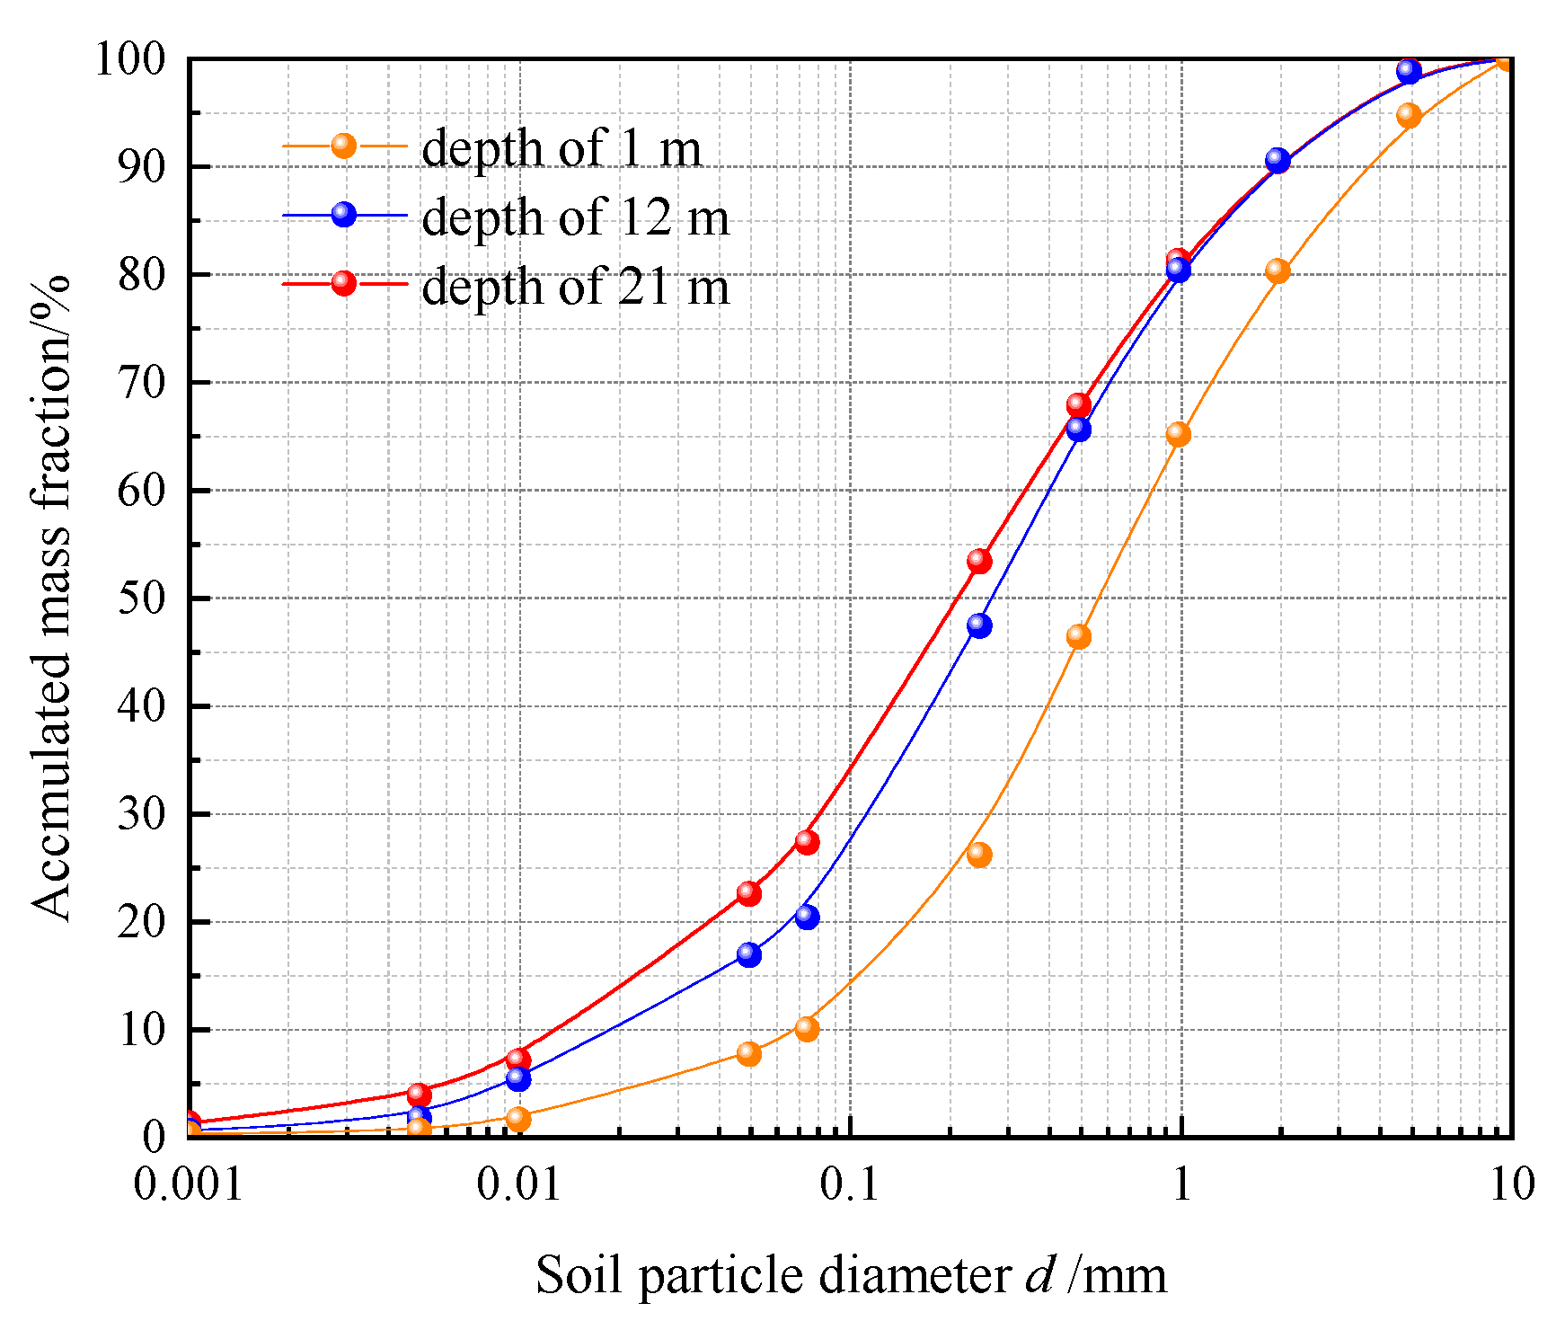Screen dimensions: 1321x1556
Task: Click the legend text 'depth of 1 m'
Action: click(561, 148)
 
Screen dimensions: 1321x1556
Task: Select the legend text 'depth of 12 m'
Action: click(575, 217)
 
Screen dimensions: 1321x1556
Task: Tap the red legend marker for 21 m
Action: click(343, 283)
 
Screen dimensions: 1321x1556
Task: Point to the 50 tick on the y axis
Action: click(142, 598)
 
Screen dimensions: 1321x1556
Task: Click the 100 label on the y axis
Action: click(131, 60)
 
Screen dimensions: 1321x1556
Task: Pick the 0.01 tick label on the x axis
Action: click(518, 1184)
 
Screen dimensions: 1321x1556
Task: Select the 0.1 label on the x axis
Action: click(850, 1184)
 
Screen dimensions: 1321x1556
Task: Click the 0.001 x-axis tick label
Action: click(189, 1184)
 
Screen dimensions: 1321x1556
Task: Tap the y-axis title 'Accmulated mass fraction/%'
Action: click(50, 598)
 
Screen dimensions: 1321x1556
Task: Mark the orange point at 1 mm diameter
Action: click(1178, 435)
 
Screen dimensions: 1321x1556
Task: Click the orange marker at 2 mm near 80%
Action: click(1278, 271)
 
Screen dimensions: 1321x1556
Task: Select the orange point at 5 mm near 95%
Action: click(1409, 116)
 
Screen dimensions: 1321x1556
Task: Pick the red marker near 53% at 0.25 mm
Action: click(979, 562)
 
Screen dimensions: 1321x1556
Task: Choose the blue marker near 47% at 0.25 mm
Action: click(979, 625)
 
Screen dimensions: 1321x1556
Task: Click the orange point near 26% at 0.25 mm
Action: click(979, 855)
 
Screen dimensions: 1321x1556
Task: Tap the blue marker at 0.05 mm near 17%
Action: click(748, 954)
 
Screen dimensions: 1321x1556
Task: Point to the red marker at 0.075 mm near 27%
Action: click(807, 842)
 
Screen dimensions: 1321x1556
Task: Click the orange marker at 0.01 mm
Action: click(518, 1119)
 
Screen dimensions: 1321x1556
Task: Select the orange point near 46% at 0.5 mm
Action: click(1078, 637)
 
